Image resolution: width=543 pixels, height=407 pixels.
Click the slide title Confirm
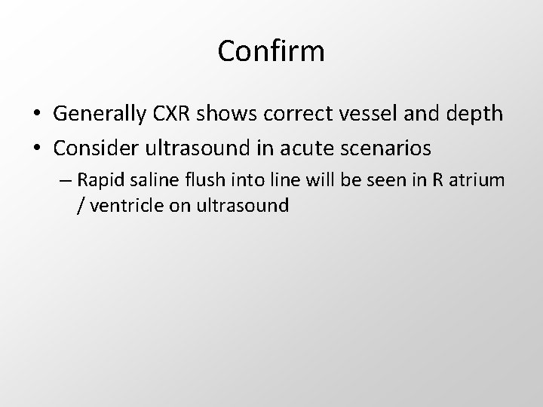click(271, 51)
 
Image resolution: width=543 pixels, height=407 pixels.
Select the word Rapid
click(98, 181)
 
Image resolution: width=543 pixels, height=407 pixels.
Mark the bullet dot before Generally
click(37, 115)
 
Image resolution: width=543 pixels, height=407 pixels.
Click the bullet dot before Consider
click(37, 148)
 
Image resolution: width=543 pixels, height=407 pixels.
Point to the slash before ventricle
click(81, 205)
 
